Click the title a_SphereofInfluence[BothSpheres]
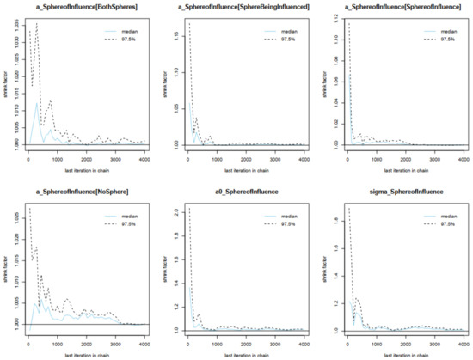(80, 7)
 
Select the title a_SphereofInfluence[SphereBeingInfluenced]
(240, 7)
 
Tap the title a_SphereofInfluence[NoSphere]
(80, 193)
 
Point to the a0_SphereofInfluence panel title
(240, 193)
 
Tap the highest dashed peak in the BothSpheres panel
(36, 24)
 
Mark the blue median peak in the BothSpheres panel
(37, 105)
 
